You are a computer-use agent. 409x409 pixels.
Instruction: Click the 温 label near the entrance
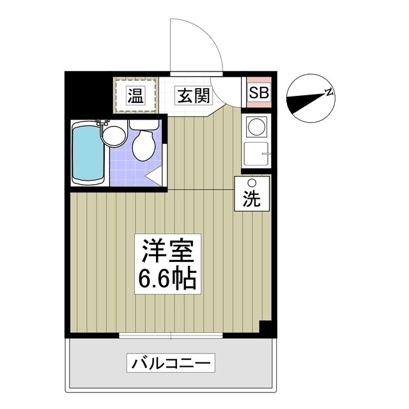[135, 96]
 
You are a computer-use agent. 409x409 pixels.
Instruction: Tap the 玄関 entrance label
[192, 96]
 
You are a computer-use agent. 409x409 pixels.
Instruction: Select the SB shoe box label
[259, 93]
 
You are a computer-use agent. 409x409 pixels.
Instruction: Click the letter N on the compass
[329, 93]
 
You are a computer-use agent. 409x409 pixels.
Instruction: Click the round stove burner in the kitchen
[258, 127]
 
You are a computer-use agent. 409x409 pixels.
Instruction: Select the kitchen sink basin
[258, 154]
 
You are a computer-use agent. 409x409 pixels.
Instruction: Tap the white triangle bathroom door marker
[153, 176]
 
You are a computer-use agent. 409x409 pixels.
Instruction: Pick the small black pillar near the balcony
[266, 327]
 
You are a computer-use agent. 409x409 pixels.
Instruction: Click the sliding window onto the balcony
[171, 335]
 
